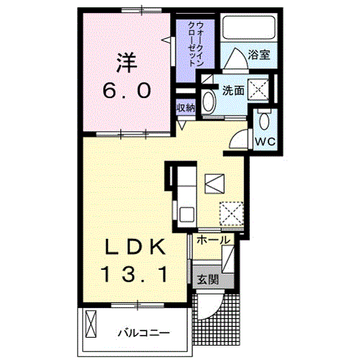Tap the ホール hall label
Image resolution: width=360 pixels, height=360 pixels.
tap(212, 240)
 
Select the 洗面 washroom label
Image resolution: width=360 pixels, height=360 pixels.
tap(232, 91)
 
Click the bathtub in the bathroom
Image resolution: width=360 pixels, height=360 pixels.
tap(246, 27)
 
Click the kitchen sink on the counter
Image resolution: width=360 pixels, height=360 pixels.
tap(186, 214)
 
